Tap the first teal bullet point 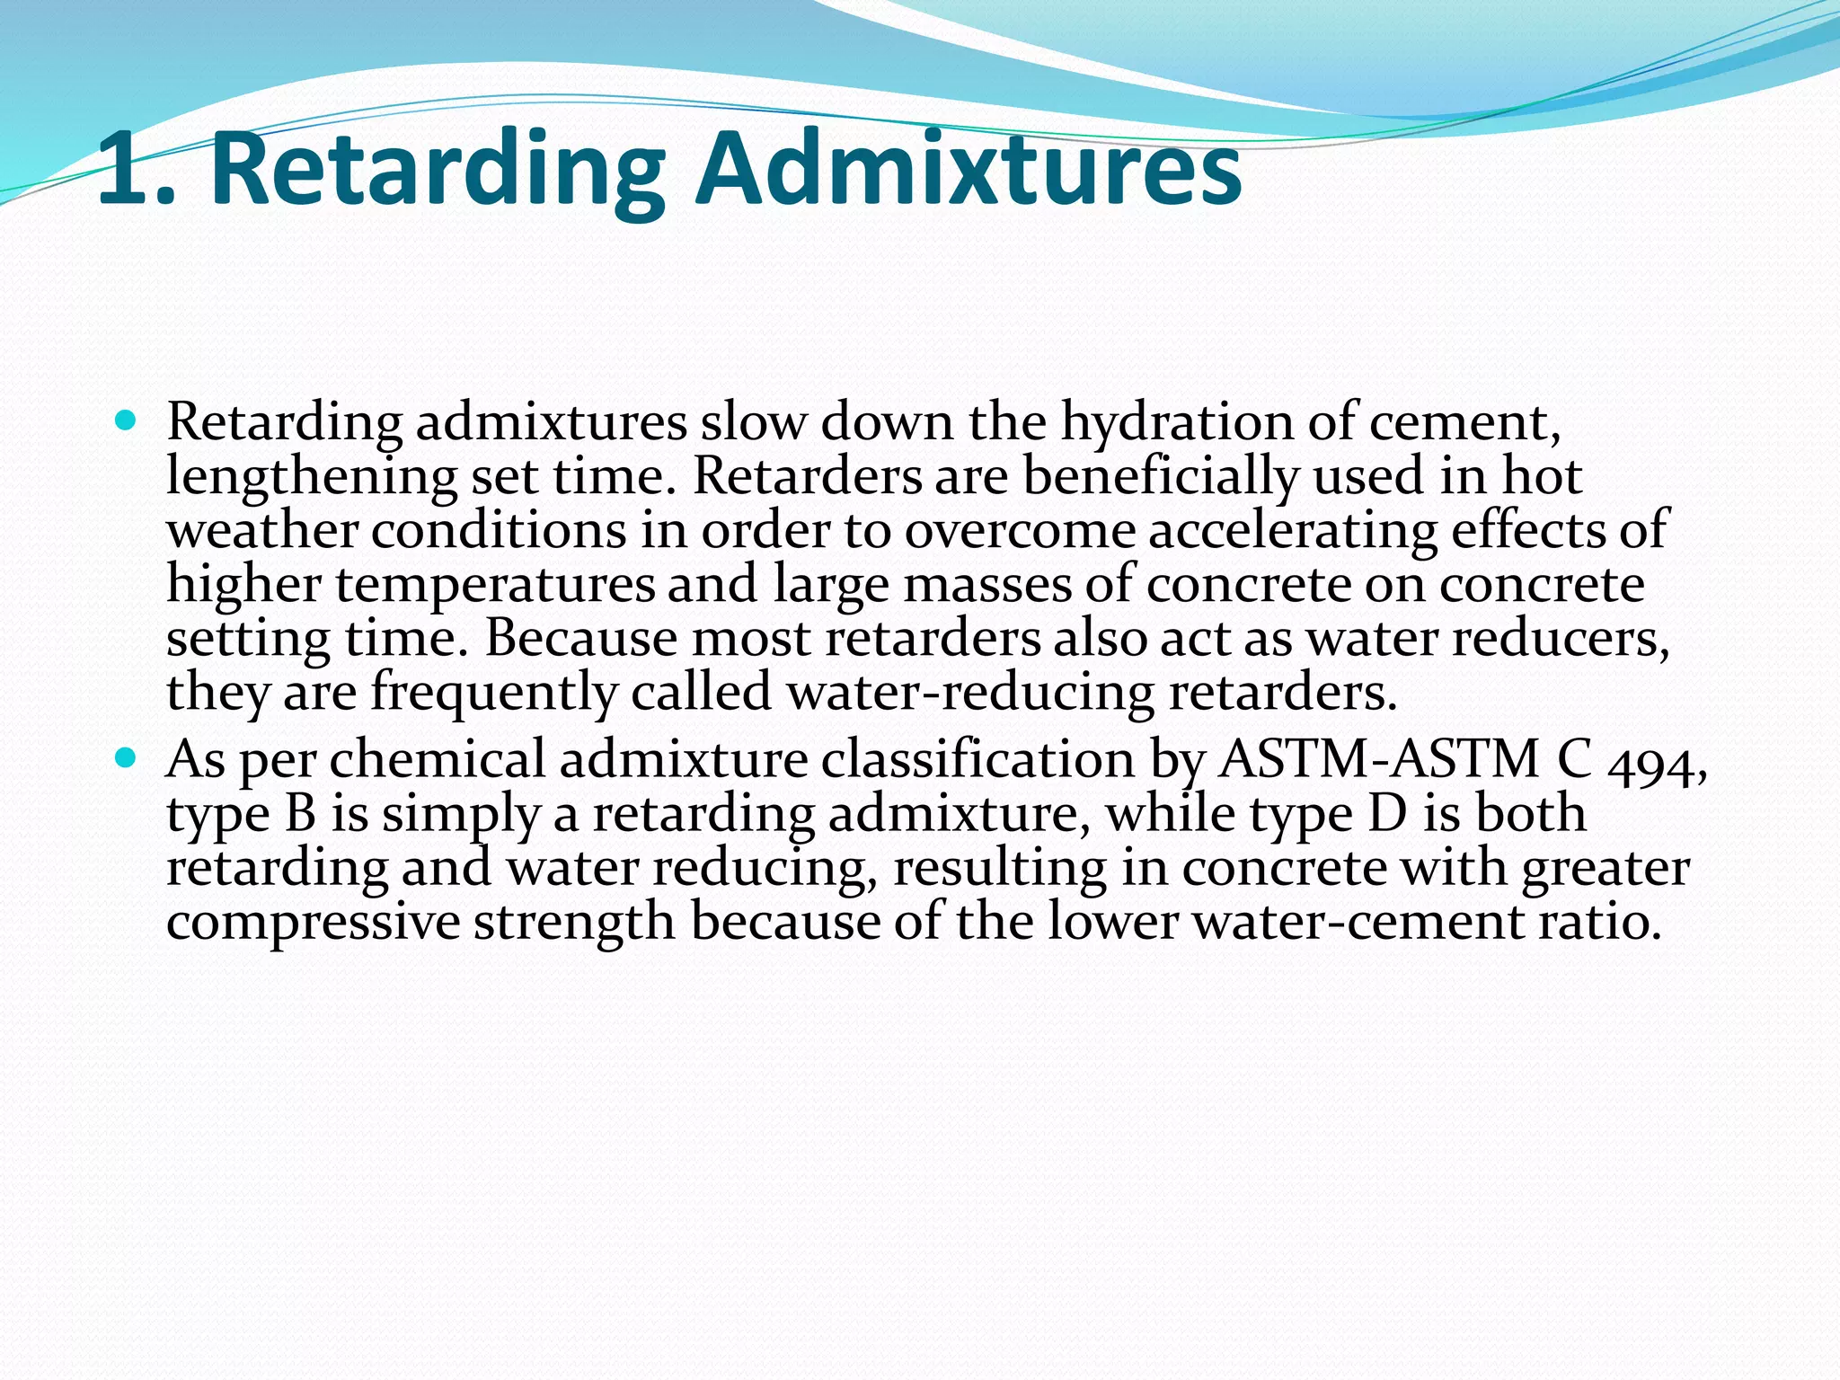[125, 420]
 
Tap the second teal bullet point [125, 758]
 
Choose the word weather [262, 530]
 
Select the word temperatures [495, 585]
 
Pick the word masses [986, 585]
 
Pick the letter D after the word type [1388, 814]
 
